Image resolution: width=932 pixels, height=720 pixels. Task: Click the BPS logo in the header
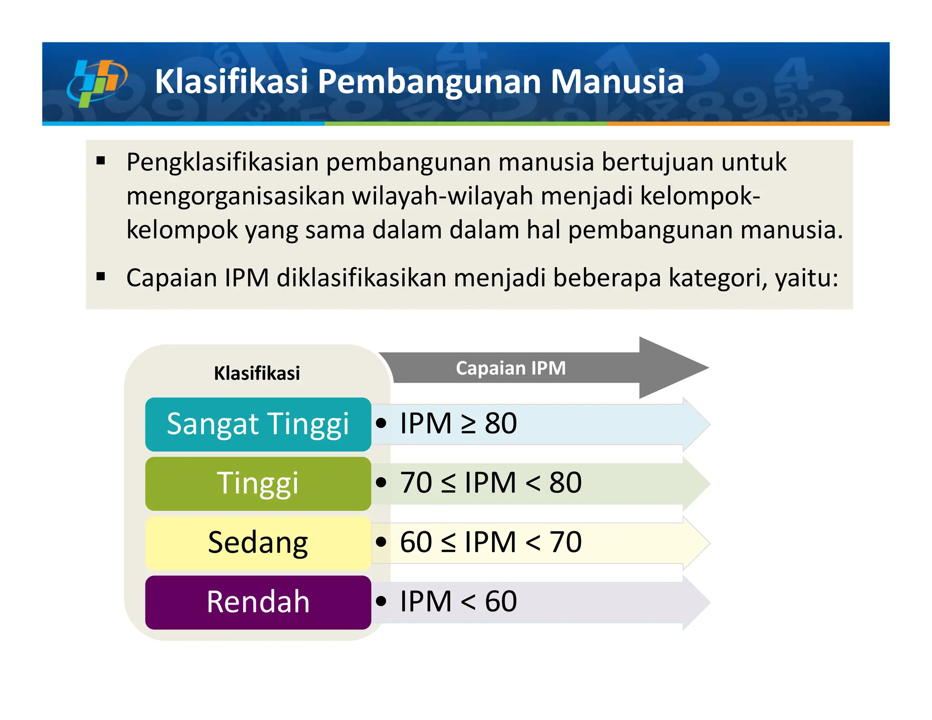pyautogui.click(x=97, y=82)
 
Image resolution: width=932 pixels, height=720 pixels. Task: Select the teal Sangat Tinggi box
pyautogui.click(x=258, y=424)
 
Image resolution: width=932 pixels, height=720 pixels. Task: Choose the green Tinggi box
pyautogui.click(x=258, y=483)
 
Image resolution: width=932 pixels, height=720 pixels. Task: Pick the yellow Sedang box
pyautogui.click(x=258, y=543)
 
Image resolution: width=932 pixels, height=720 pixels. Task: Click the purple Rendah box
pyautogui.click(x=258, y=602)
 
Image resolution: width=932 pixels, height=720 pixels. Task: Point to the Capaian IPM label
pyautogui.click(x=511, y=368)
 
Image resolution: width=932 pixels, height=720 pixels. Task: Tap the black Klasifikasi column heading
pyautogui.click(x=257, y=373)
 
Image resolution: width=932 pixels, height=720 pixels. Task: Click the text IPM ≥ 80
pyautogui.click(x=458, y=423)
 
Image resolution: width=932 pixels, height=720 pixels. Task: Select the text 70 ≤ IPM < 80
pyautogui.click(x=491, y=482)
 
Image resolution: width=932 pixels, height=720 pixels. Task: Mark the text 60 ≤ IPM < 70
pyautogui.click(x=491, y=542)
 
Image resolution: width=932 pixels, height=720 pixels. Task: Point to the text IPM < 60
pyautogui.click(x=458, y=601)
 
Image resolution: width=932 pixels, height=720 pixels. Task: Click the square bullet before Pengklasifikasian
pyautogui.click(x=101, y=161)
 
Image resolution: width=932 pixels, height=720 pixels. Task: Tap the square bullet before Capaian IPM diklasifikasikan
pyautogui.click(x=101, y=277)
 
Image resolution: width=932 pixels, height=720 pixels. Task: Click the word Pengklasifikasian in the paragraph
pyautogui.click(x=223, y=162)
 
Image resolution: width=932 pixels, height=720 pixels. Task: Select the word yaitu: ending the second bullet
pyautogui.click(x=806, y=278)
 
